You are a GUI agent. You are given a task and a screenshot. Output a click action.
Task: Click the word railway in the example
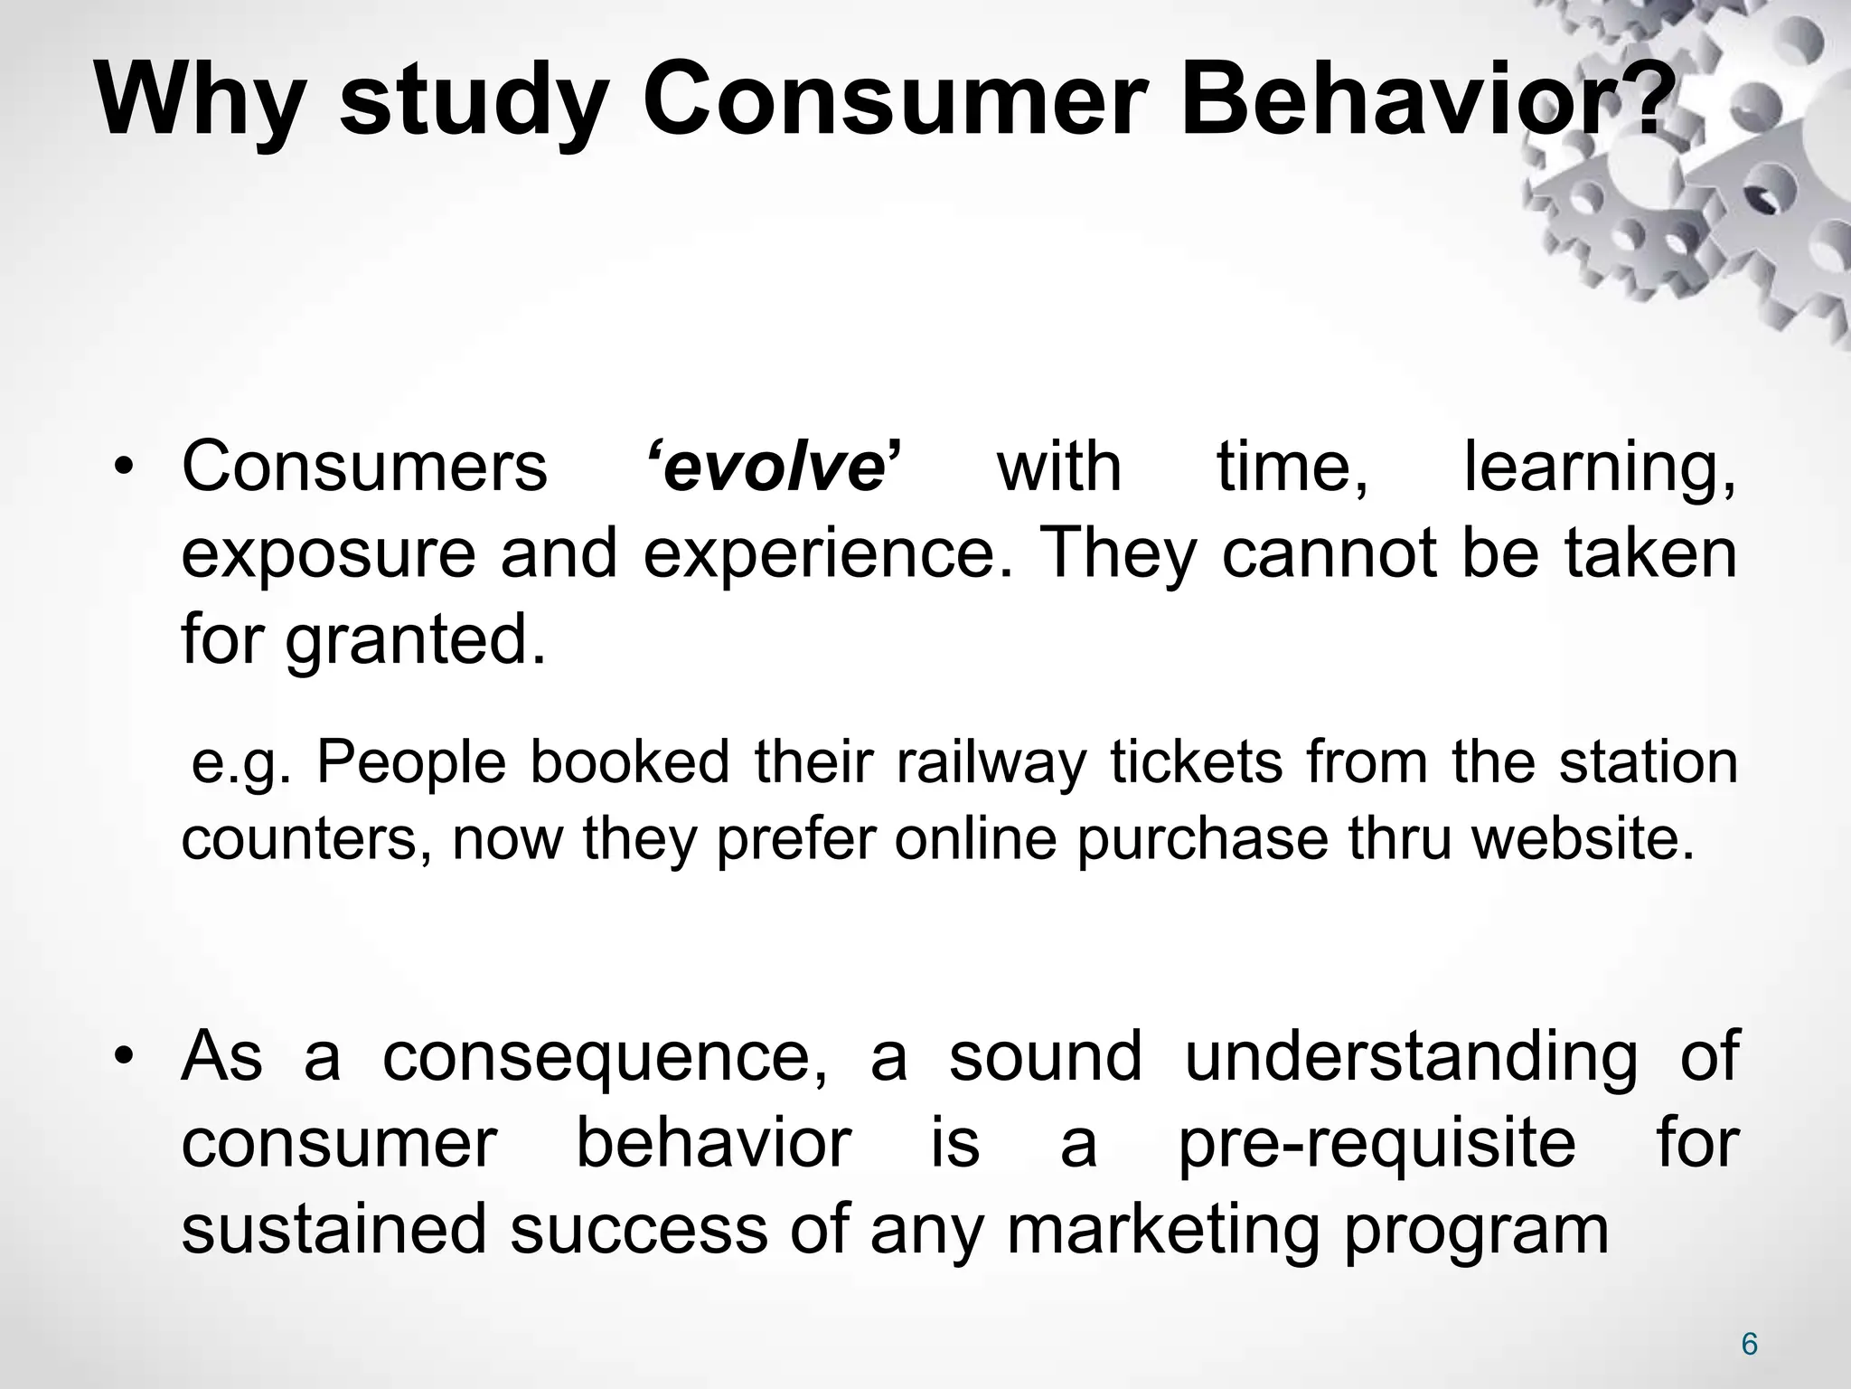[991, 761]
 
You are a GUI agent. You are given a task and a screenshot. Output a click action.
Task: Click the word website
[1582, 839]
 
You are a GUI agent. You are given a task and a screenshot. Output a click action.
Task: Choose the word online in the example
[975, 839]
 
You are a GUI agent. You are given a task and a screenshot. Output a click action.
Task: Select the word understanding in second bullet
[1411, 1056]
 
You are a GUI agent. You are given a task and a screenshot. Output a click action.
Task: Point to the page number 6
[1749, 1345]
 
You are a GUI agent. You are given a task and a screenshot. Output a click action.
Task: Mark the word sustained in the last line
[334, 1230]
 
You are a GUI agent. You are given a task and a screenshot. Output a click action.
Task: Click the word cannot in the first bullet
[1328, 554]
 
